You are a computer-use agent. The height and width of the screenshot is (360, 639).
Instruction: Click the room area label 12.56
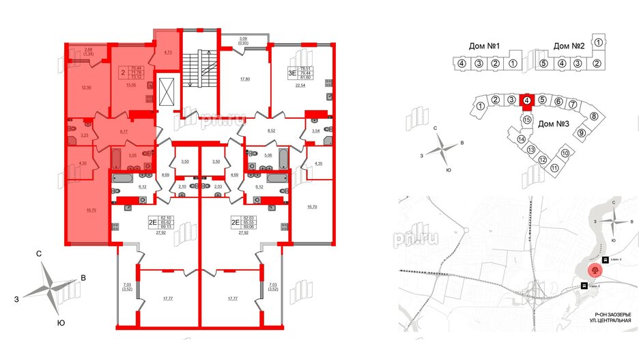(x=85, y=87)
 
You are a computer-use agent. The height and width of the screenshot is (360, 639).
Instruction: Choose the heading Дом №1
(x=485, y=46)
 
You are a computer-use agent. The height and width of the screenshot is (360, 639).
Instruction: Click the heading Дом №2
(x=569, y=46)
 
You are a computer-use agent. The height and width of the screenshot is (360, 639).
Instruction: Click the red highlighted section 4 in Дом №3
(x=526, y=101)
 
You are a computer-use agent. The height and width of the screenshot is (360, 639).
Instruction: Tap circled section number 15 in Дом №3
(x=527, y=120)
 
